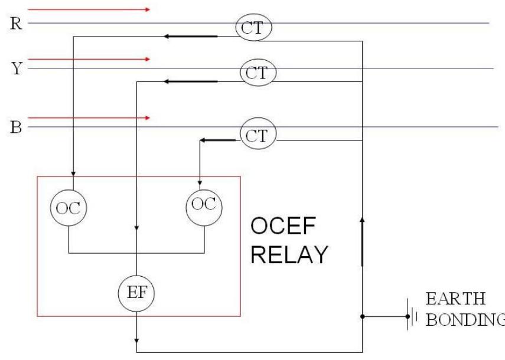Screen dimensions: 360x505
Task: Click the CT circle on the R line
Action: (253, 27)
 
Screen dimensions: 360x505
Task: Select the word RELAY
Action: (289, 254)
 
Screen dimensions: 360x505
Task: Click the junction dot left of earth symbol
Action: (361, 317)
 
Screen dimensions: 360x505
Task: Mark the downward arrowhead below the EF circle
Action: (136, 341)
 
